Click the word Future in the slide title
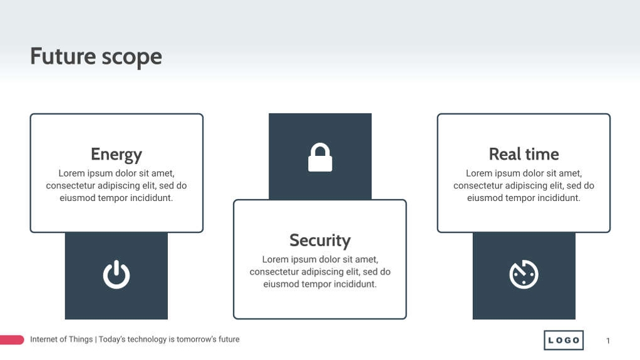(54, 56)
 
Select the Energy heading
(116, 155)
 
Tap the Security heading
(320, 240)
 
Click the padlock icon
(320, 158)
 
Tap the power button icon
(116, 275)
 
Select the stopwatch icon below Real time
(524, 275)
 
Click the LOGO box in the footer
(564, 340)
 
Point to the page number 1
(608, 341)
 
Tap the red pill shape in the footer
(11, 340)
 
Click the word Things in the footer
(81, 339)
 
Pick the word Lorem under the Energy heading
(71, 173)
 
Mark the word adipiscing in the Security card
(323, 272)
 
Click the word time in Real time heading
(542, 154)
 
